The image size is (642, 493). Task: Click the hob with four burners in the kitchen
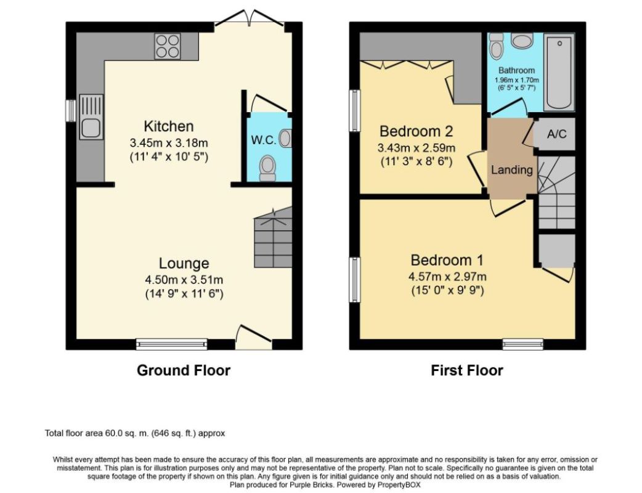(168, 46)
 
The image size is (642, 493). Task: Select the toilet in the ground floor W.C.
(267, 168)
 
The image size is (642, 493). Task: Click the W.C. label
(263, 140)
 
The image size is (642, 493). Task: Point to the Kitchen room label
(169, 126)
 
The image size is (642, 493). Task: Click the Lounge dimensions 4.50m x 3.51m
(184, 280)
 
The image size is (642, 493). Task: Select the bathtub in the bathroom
(559, 72)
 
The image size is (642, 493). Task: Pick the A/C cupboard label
(557, 134)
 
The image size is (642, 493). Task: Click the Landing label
(512, 170)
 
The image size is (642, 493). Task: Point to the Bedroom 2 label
(416, 131)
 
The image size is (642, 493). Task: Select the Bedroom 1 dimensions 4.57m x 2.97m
(447, 277)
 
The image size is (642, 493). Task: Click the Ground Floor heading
(184, 370)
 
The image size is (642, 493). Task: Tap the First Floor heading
(467, 370)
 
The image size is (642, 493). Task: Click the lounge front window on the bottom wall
(172, 344)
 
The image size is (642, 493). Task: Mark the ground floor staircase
(273, 237)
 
